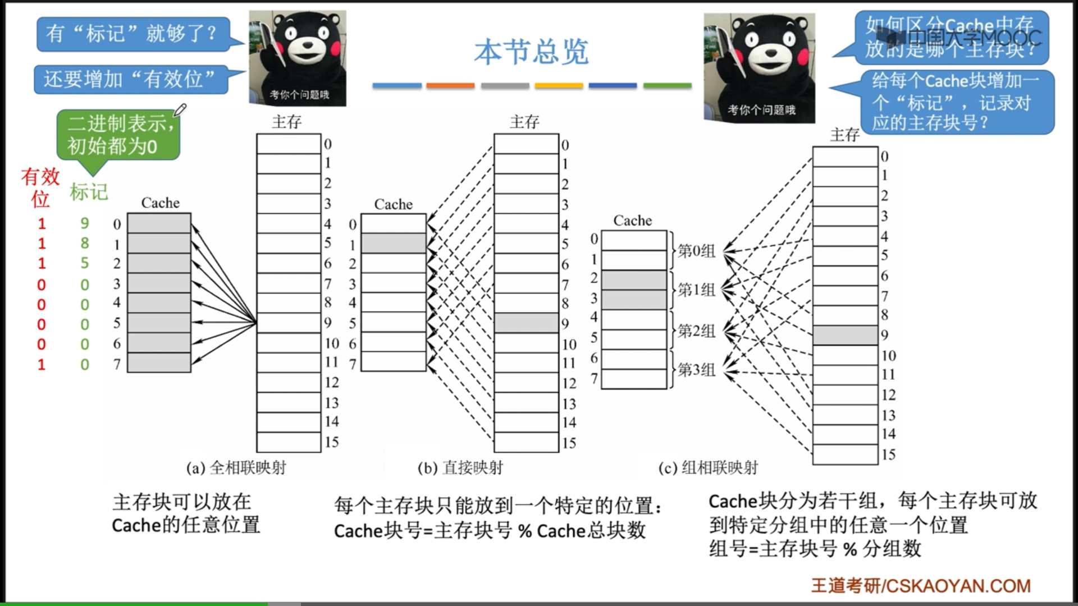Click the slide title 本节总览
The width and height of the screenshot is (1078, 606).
pyautogui.click(x=531, y=52)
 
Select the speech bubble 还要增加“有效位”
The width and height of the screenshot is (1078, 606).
pyautogui.click(x=130, y=79)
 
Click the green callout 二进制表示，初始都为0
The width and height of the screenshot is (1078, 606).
pyautogui.click(x=118, y=135)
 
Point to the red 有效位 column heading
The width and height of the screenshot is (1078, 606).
pyautogui.click(x=40, y=187)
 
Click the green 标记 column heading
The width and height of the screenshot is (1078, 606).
pyautogui.click(x=89, y=192)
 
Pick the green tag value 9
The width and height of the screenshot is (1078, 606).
pyautogui.click(x=85, y=223)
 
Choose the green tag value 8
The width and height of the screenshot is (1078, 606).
pyautogui.click(x=85, y=243)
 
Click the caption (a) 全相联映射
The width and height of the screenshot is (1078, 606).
pyautogui.click(x=236, y=467)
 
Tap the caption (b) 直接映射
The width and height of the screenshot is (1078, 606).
pyautogui.click(x=460, y=467)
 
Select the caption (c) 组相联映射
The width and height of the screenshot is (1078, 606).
pyautogui.click(x=708, y=467)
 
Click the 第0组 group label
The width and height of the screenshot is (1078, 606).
pyautogui.click(x=696, y=250)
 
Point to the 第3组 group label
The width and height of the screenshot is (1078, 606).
pyautogui.click(x=696, y=369)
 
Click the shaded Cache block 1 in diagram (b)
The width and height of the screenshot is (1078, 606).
pyautogui.click(x=393, y=244)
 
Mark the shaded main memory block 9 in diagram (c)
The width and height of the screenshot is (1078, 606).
pyautogui.click(x=845, y=335)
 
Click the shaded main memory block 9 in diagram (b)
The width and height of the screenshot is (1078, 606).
pyautogui.click(x=526, y=323)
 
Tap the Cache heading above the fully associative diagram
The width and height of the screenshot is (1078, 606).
pyautogui.click(x=160, y=203)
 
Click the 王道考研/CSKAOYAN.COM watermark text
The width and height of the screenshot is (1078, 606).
pyautogui.click(x=921, y=586)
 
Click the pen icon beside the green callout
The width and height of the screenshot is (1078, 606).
pyautogui.click(x=180, y=109)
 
